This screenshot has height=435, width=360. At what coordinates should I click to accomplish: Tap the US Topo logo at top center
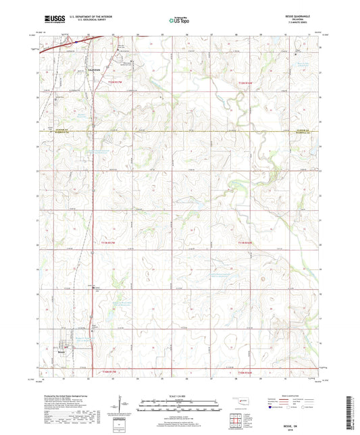[x=178, y=20]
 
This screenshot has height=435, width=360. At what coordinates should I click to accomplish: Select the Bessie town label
[x=61, y=351]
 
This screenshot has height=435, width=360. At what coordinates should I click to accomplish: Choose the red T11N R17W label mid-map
[x=109, y=242]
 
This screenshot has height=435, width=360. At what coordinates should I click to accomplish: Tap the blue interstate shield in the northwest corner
[x=76, y=42]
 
